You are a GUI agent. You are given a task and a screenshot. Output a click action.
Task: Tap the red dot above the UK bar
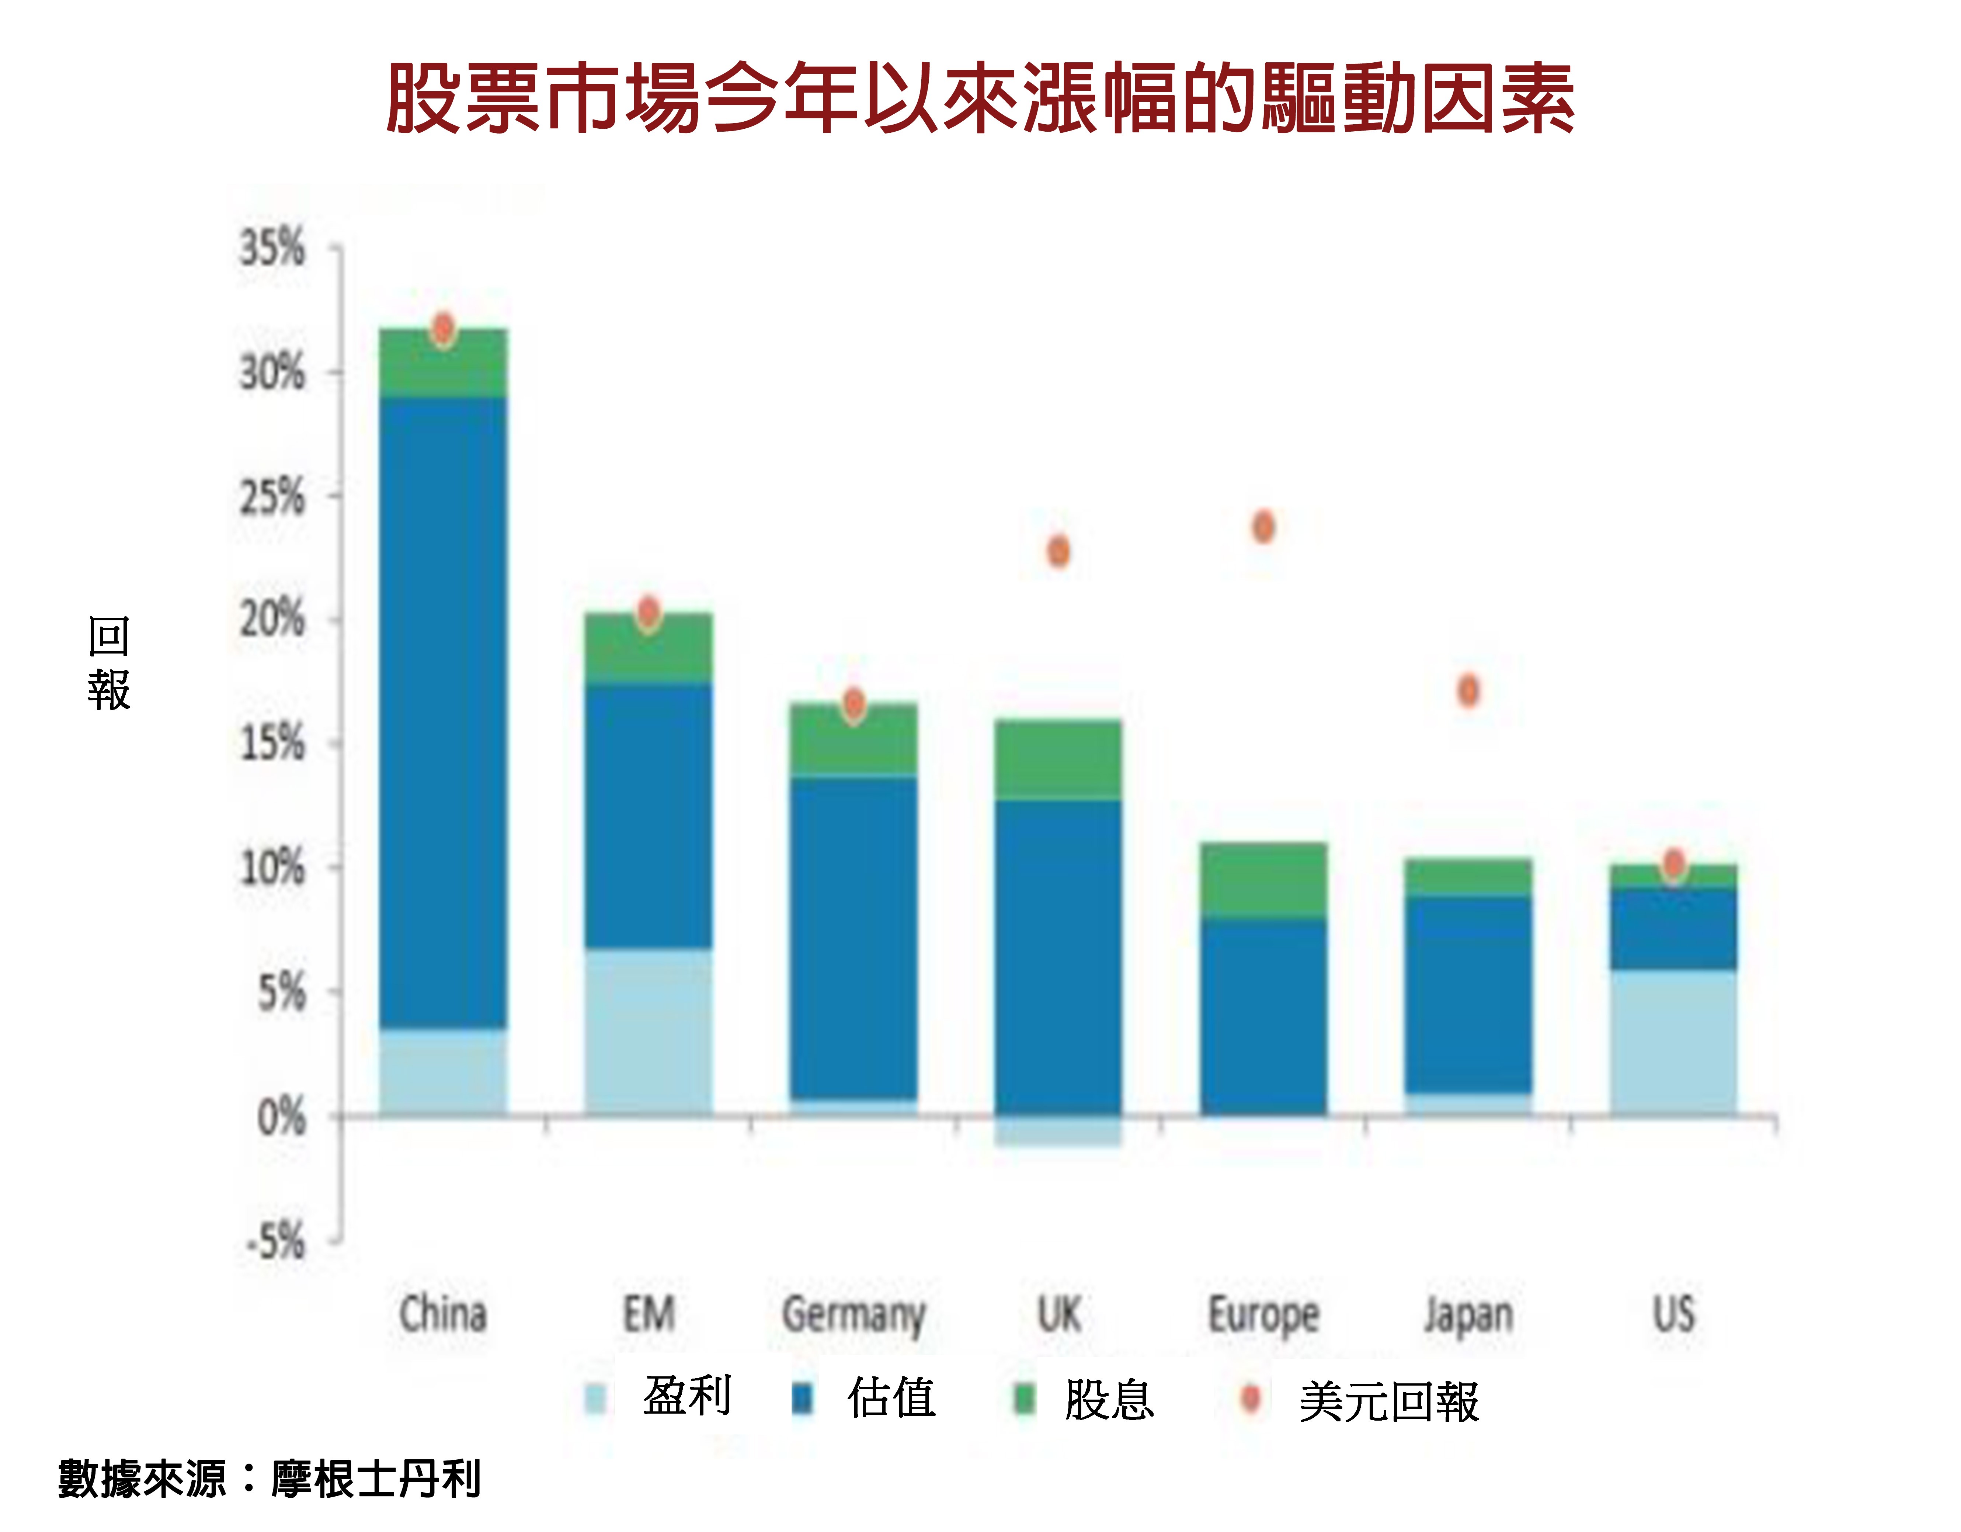pyautogui.click(x=1058, y=551)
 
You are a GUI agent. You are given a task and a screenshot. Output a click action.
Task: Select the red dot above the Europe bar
pyautogui.click(x=1263, y=527)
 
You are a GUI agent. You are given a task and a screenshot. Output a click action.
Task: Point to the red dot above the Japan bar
pyautogui.click(x=1468, y=690)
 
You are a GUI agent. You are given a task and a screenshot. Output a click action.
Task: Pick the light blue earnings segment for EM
pyautogui.click(x=648, y=1031)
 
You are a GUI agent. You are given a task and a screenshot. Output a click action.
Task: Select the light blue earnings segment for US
pyautogui.click(x=1673, y=1042)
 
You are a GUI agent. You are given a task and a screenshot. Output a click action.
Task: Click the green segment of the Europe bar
pyautogui.click(x=1263, y=880)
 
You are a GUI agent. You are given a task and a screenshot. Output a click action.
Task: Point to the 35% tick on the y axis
pyautogui.click(x=272, y=248)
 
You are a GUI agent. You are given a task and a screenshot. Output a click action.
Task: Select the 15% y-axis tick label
pyautogui.click(x=272, y=744)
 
